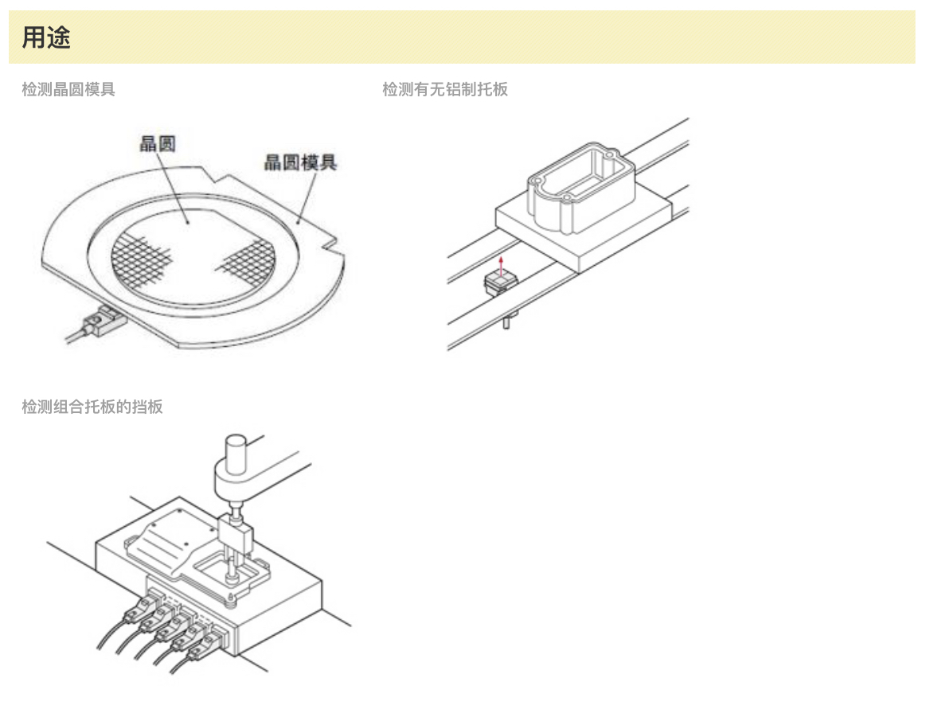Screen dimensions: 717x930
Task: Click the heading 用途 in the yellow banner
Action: pyautogui.click(x=46, y=37)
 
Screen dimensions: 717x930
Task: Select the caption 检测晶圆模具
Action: pyautogui.click(x=68, y=89)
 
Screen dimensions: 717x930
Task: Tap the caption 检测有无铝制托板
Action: pyautogui.click(x=444, y=89)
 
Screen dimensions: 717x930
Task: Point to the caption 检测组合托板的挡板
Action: pyautogui.click(x=92, y=407)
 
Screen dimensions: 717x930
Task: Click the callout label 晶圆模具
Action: pyautogui.click(x=300, y=163)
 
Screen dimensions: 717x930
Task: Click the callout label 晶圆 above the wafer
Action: pyautogui.click(x=157, y=143)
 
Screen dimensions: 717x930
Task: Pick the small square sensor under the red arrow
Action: pyautogui.click(x=499, y=281)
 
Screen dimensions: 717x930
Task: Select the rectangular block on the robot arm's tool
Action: pyautogui.click(x=235, y=533)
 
